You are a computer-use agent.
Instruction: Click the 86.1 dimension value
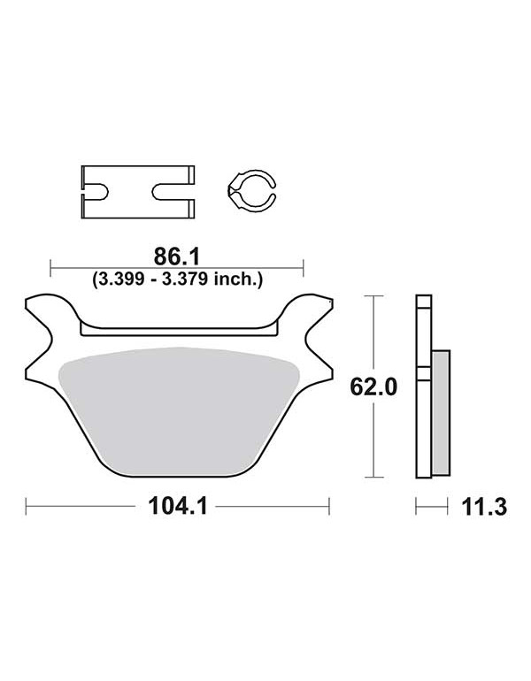tap(177, 256)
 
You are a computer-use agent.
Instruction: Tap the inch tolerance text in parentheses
tap(177, 279)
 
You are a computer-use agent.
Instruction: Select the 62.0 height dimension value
tap(373, 387)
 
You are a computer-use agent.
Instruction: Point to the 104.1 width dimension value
tap(178, 506)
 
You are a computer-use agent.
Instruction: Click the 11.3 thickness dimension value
tap(484, 507)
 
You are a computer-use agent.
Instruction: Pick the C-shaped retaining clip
tap(251, 190)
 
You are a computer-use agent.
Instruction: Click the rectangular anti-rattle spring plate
tap(138, 192)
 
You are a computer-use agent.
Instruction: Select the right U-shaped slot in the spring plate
tap(173, 192)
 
